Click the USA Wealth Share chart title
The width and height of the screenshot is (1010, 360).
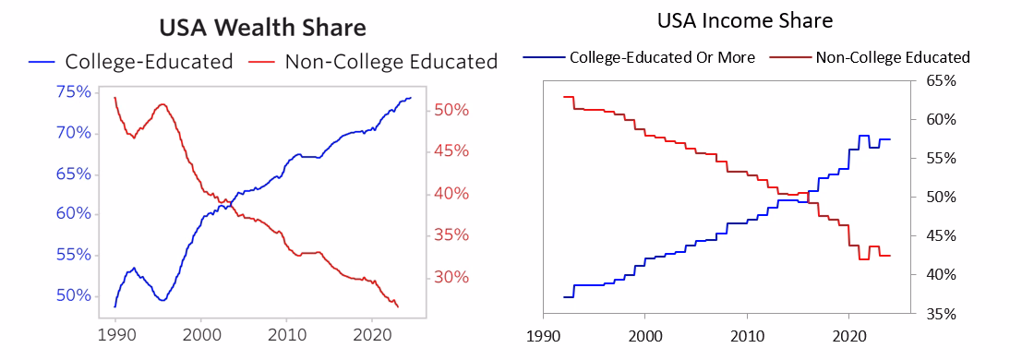(263, 29)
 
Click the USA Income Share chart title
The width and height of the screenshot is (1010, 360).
(745, 21)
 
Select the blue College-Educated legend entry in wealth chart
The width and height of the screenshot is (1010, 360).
(130, 62)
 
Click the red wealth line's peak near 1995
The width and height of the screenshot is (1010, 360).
(162, 104)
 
